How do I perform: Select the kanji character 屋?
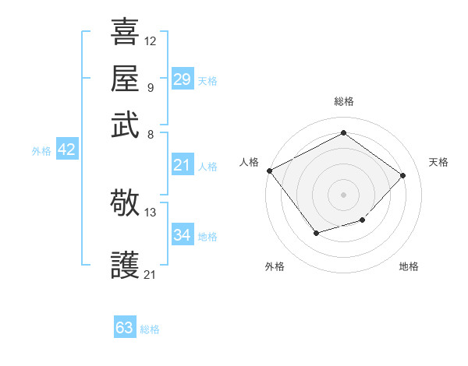tap(126, 79)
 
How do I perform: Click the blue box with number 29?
tap(182, 79)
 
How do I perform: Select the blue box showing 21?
tap(182, 165)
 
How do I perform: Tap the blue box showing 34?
tap(182, 235)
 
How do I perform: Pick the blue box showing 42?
tap(66, 150)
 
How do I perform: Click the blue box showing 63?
tap(124, 328)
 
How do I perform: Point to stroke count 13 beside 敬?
tap(151, 212)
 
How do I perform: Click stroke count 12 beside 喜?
tap(151, 40)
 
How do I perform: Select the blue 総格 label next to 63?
tap(150, 329)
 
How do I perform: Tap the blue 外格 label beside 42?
tap(41, 151)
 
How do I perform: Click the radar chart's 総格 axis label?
tap(344, 101)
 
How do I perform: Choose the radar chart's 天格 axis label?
tap(438, 162)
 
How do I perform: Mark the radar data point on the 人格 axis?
tap(269, 171)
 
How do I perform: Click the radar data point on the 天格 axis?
tap(402, 175)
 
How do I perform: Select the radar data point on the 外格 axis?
tap(316, 232)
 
